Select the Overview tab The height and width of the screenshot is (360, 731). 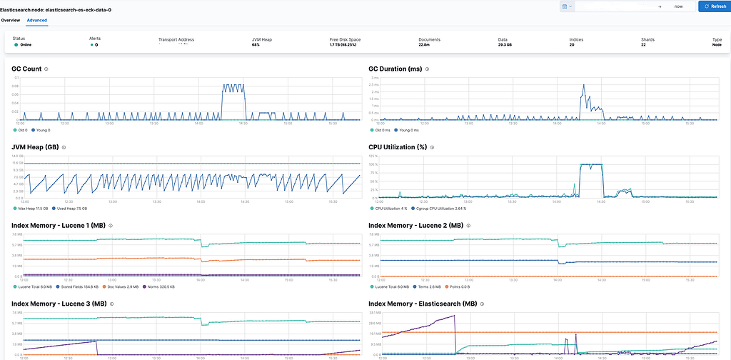tap(11, 20)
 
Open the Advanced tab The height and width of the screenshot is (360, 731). tap(37, 20)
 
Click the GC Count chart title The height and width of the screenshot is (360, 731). tap(26, 69)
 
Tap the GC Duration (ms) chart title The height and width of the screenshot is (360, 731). tap(395, 69)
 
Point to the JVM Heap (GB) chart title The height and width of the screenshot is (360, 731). tap(35, 147)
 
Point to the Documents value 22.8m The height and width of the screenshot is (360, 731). tap(424, 44)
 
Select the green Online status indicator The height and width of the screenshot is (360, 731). tap(15, 44)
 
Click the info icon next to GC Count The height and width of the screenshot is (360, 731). tap(46, 69)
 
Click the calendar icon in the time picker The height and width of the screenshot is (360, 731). tap(565, 6)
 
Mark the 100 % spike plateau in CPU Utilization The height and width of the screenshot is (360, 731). tap(590, 164)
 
